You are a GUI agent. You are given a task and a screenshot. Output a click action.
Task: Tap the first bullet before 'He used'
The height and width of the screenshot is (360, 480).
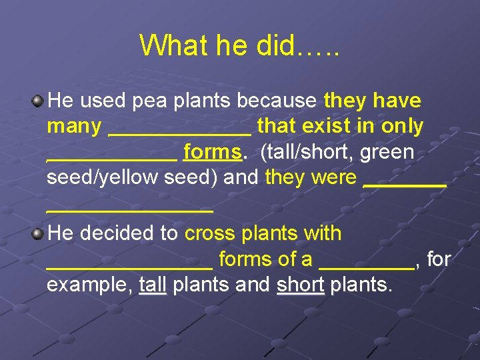point(38,101)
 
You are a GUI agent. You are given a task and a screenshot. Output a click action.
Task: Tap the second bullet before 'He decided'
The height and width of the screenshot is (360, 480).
point(38,234)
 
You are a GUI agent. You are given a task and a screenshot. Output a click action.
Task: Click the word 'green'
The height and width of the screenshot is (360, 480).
point(387,152)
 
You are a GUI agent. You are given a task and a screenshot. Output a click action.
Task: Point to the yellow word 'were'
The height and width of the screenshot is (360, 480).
point(337,177)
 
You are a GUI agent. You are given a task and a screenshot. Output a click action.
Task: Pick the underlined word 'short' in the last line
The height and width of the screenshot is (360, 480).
point(300,285)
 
